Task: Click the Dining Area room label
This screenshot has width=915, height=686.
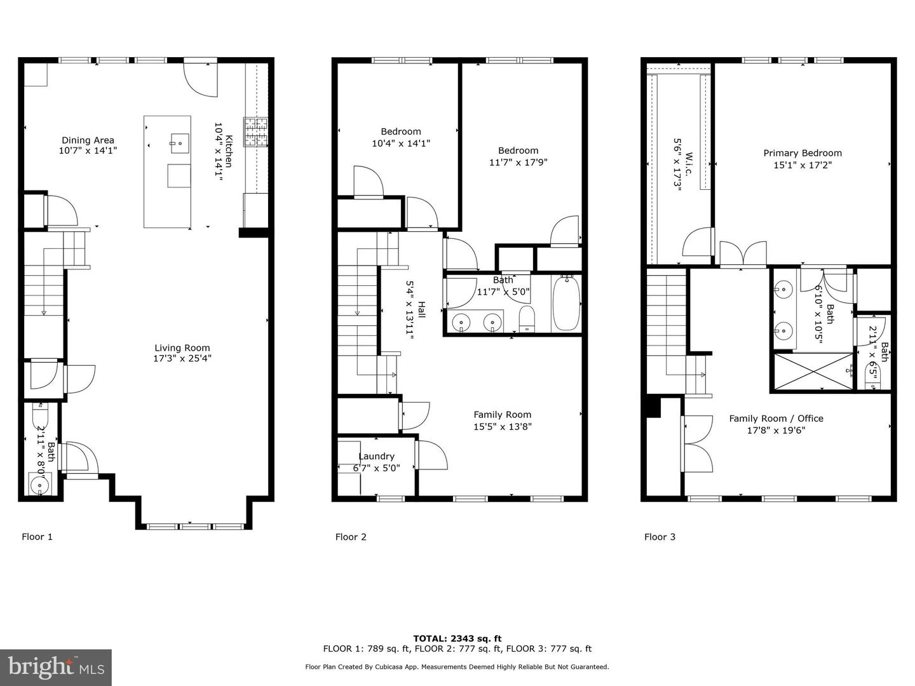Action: click(88, 140)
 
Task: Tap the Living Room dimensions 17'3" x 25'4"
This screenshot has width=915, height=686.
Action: click(182, 358)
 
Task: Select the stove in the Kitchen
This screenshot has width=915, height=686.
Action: click(256, 131)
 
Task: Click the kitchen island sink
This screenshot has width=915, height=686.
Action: click(179, 143)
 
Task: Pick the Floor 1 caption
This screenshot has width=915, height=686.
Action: click(37, 537)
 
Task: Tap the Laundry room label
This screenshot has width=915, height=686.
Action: click(376, 456)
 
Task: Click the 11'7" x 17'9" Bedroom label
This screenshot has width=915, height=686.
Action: click(518, 151)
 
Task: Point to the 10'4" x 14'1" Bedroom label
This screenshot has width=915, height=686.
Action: click(400, 131)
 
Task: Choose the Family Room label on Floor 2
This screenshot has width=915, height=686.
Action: click(502, 415)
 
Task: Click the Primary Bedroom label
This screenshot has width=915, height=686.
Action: click(802, 153)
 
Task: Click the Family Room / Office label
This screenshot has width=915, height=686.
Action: click(776, 419)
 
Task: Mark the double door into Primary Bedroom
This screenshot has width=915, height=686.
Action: click(742, 254)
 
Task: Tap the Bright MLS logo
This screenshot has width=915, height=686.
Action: click(56, 667)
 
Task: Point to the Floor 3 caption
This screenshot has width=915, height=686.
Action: click(660, 537)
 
